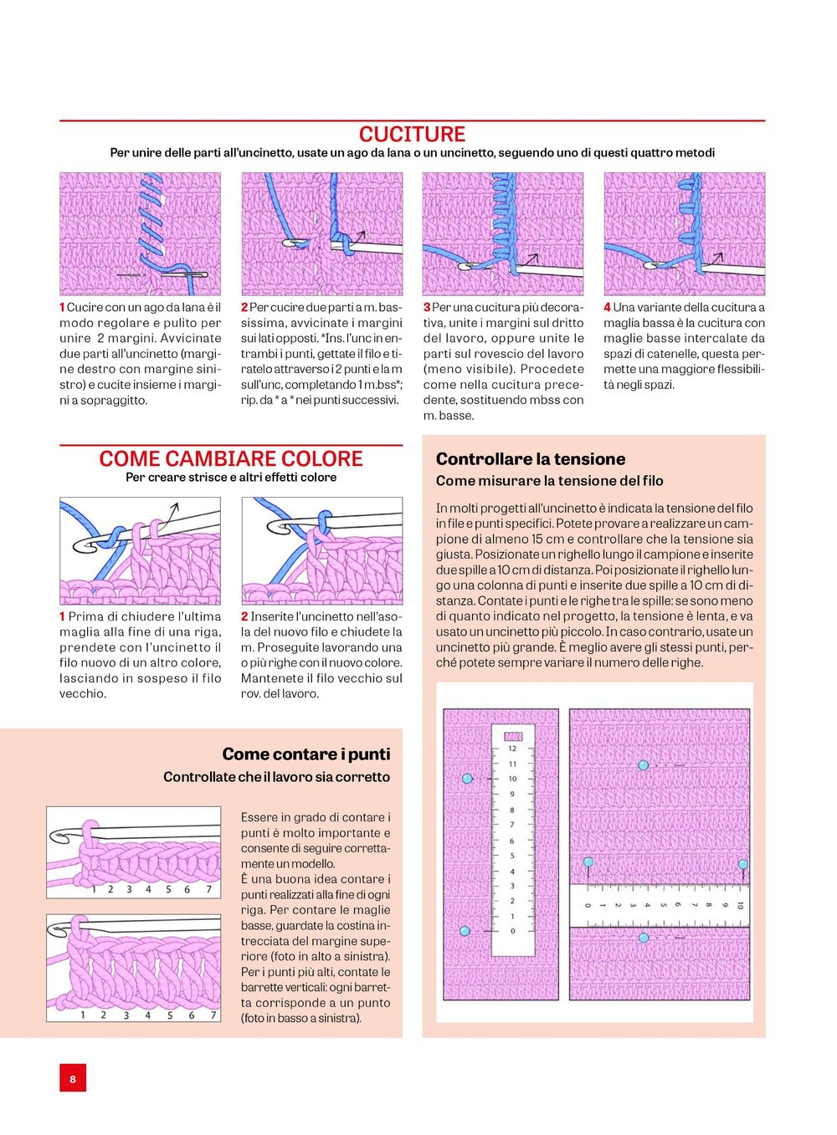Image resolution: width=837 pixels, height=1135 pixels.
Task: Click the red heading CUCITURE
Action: tap(412, 135)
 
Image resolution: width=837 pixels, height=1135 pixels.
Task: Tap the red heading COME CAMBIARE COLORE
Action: tap(231, 459)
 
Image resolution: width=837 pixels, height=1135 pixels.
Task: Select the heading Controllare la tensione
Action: tap(531, 459)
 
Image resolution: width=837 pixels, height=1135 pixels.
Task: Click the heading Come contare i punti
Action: tap(306, 754)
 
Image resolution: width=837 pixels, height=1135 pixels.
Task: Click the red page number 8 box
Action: tap(73, 1079)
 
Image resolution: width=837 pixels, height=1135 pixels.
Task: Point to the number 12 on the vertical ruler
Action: tap(512, 749)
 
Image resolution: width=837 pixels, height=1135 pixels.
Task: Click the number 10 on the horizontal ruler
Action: tap(740, 905)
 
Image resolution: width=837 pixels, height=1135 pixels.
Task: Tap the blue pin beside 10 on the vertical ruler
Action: tap(467, 779)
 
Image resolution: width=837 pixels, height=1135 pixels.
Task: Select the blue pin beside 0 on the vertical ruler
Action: tap(465, 931)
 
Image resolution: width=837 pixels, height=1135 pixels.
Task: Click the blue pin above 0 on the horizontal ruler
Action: tap(588, 862)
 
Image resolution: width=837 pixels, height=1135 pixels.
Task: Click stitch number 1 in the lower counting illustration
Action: tap(82, 1015)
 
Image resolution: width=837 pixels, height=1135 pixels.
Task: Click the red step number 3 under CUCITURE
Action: tap(427, 308)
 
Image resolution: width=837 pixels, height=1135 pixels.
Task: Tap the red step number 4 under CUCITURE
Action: tap(608, 308)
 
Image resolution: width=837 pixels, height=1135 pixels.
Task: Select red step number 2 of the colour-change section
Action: tap(244, 616)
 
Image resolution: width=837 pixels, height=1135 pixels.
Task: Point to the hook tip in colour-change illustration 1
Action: tap(82, 546)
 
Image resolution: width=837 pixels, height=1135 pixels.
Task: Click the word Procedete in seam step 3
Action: tap(552, 369)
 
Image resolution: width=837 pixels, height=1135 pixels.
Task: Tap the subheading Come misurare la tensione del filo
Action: tap(549, 481)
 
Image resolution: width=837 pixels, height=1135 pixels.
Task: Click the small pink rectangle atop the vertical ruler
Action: tap(513, 737)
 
